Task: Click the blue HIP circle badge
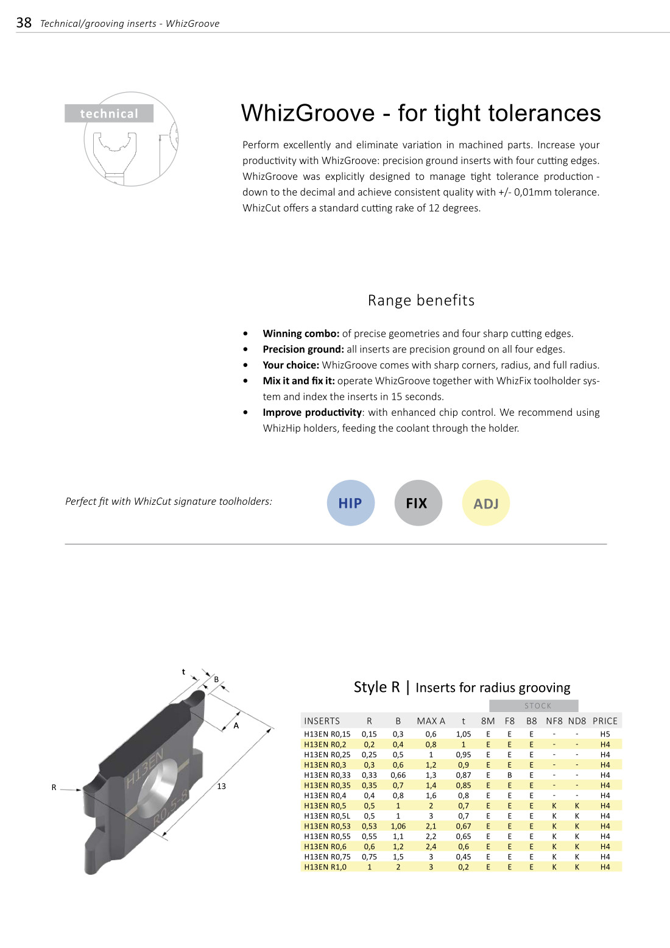point(350,503)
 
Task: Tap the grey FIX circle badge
point(418,503)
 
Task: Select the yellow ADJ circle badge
point(485,503)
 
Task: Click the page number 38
point(24,23)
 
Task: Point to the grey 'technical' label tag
point(109,113)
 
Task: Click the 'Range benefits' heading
point(421,300)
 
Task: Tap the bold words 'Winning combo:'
point(301,333)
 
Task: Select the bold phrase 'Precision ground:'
point(303,349)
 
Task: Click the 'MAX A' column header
point(431,721)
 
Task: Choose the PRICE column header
point(605,721)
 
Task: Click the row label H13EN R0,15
point(327,734)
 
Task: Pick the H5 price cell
point(605,734)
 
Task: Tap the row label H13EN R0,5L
point(327,816)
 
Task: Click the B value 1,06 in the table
point(398,826)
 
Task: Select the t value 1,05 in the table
point(464,734)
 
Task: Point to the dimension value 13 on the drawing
point(221,786)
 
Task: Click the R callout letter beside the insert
point(54,788)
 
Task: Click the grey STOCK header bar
point(534,706)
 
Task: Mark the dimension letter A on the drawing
point(236,725)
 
